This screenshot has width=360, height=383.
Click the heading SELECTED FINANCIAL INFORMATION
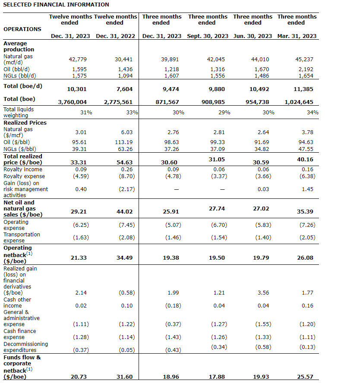56,5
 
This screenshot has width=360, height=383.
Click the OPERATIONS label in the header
22,29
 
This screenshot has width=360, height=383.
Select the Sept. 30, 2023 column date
208,36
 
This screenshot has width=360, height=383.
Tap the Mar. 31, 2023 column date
297,36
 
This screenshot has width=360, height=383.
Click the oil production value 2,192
306,69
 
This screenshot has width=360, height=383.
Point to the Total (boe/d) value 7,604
125,89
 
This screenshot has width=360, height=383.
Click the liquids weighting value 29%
224,112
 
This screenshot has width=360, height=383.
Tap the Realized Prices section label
25,122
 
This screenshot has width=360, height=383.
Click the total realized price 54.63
125,162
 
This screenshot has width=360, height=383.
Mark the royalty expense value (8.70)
126,176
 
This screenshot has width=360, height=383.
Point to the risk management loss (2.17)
126,189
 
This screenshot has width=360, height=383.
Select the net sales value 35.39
306,212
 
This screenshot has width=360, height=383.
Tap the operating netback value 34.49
125,257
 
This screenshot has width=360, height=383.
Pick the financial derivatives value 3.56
263,292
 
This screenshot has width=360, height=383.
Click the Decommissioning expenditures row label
25,347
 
